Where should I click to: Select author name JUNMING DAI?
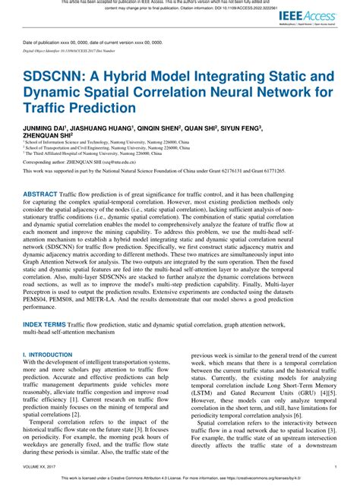pos(43,128)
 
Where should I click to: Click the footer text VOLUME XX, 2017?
pos(41,467)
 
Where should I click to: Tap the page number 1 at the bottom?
pos(336,467)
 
